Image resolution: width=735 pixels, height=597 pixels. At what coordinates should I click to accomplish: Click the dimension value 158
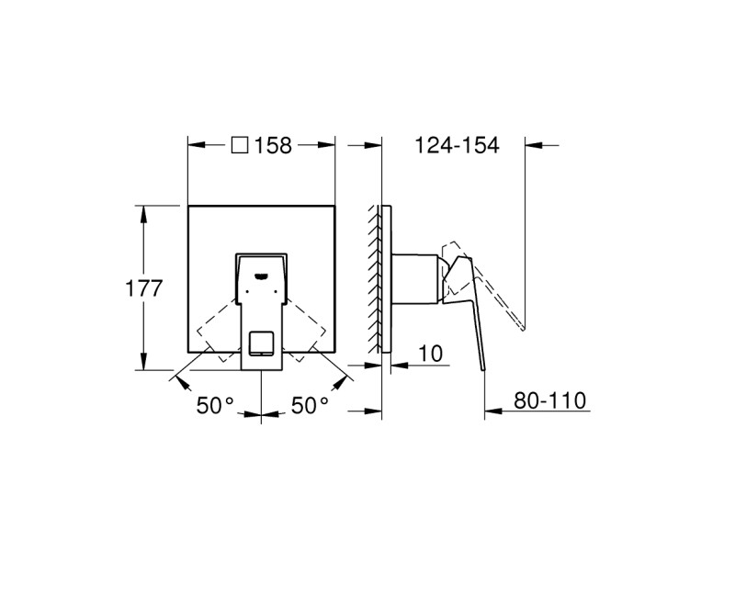coord(273,145)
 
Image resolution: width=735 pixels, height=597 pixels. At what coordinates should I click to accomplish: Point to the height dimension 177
coord(143,287)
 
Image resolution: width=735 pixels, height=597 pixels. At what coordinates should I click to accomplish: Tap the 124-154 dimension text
coord(457,145)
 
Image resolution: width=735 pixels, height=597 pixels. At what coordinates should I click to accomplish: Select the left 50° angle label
coord(215,405)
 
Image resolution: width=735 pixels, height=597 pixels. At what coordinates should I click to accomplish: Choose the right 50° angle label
coord(311,405)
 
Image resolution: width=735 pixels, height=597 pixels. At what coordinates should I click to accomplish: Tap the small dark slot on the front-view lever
coord(262,273)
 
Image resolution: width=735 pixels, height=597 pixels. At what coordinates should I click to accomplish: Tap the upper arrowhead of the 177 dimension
coord(143,211)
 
